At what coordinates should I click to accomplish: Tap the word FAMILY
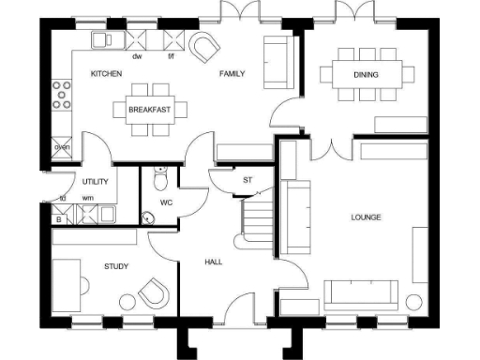click(232, 73)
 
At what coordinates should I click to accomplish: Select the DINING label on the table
click(366, 74)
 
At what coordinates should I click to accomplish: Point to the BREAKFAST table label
click(151, 109)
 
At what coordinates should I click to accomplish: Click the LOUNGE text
click(366, 217)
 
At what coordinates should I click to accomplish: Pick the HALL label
click(214, 262)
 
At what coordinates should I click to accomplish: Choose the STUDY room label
click(116, 266)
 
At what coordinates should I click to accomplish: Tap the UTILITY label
click(95, 180)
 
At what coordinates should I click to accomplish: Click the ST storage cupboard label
click(247, 179)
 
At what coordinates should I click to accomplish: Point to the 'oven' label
click(62, 147)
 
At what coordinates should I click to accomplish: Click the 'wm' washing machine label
click(87, 198)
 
